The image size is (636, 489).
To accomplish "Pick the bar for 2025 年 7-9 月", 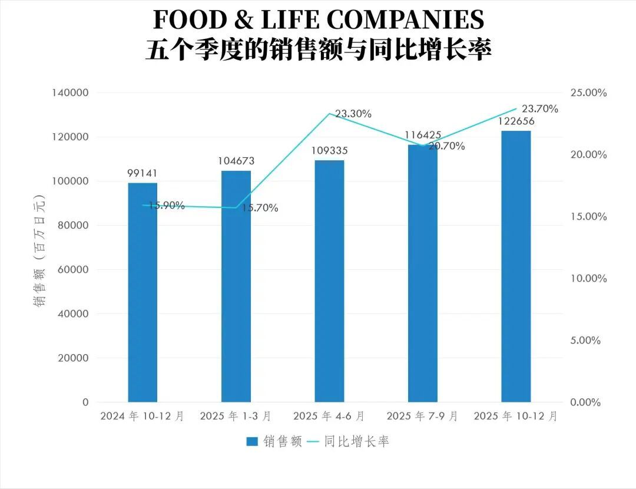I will tap(423, 273).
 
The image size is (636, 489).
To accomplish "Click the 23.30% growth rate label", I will tap(353, 114).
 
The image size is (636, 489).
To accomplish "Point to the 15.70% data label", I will tap(260, 208).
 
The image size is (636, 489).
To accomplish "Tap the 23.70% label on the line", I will tap(540, 109).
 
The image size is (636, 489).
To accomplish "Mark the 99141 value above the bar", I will tap(143, 173).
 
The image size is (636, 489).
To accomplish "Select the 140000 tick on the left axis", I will tap(70, 93).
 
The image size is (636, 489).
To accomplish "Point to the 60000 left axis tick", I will tap(73, 270).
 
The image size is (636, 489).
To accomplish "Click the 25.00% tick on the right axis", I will tap(588, 93).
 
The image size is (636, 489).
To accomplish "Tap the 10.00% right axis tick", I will tap(588, 279).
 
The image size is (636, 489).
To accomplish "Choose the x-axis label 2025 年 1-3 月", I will tap(236, 416).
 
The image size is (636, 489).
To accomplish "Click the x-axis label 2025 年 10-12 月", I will tap(516, 416).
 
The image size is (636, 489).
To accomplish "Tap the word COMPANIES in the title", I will tap(405, 20).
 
